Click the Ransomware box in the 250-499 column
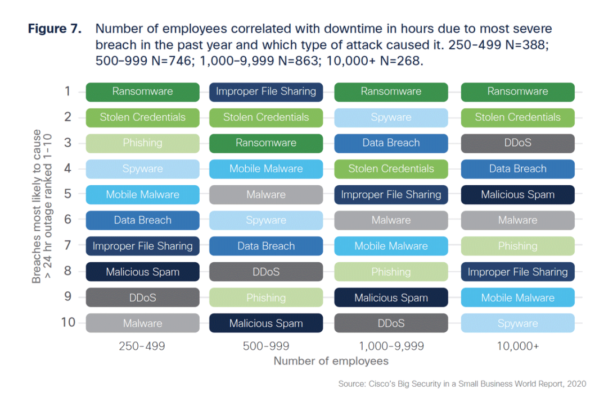pos(142,92)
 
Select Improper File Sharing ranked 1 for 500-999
pos(266,92)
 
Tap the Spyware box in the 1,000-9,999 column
pos(391,118)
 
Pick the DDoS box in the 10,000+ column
pos(517,144)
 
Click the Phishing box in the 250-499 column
pos(142,144)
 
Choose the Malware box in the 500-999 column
pos(266,195)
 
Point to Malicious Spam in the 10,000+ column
pos(517,195)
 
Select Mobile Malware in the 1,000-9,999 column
pos(391,246)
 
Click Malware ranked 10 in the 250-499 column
pos(142,324)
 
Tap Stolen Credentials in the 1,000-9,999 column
pos(391,170)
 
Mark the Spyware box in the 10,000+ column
pos(517,324)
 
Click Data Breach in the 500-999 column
pos(266,246)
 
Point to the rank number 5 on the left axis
pos(67,194)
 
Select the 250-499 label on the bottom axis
pos(142,346)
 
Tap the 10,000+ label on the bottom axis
pos(517,346)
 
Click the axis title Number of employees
pos(331,361)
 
